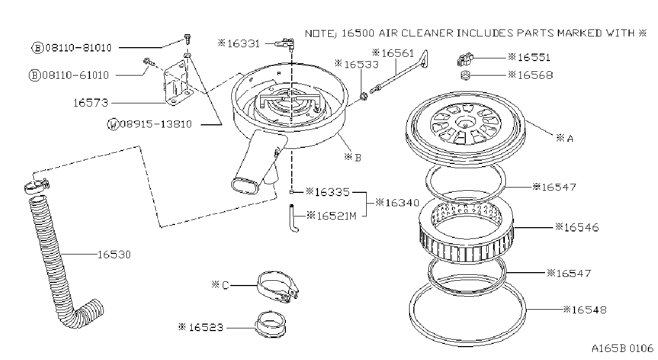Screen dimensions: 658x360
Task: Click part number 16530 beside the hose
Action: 114,254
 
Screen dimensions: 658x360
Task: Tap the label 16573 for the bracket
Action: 90,103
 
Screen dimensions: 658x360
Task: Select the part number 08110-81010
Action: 78,48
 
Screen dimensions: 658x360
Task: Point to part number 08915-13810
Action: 156,124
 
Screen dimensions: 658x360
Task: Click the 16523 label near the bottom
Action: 206,327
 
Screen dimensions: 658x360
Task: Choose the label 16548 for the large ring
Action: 589,310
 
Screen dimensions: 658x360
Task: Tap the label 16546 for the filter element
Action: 581,227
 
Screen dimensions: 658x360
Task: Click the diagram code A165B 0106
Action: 622,349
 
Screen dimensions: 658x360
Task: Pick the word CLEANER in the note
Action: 427,33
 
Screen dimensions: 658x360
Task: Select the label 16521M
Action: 337,216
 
